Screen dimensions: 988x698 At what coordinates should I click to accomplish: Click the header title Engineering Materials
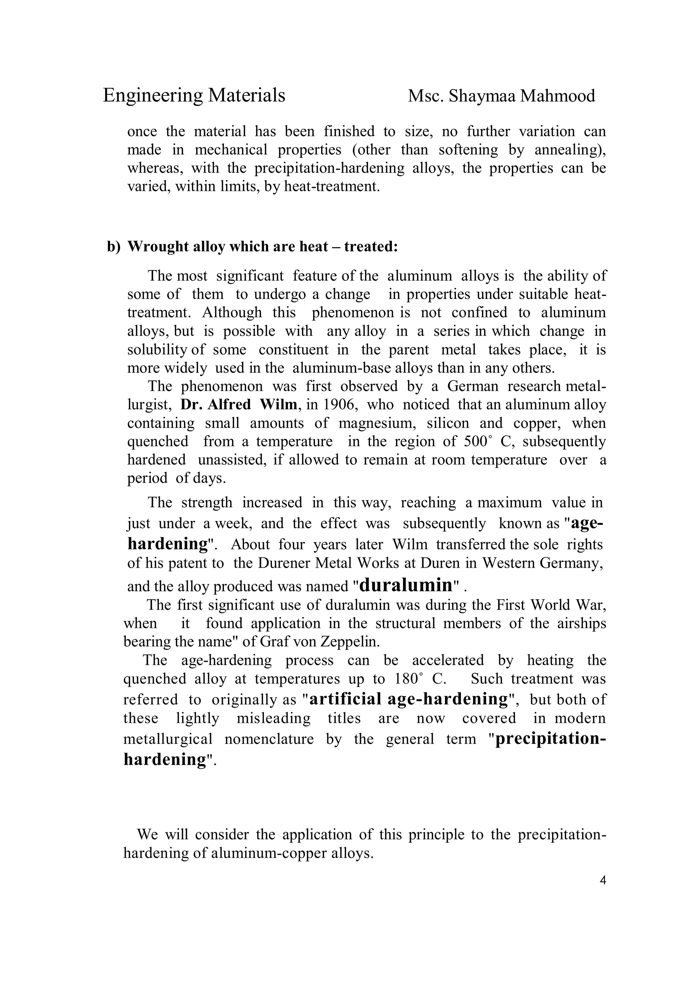tap(194, 95)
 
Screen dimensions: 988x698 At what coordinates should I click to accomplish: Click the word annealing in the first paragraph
tap(570, 150)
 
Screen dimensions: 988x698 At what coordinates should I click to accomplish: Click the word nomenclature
tap(269, 739)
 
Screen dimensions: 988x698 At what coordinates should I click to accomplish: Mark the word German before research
tap(473, 386)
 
